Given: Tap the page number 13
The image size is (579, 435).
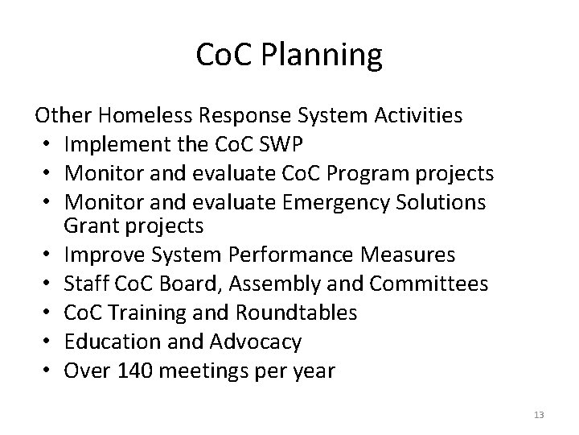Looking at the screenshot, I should pyautogui.click(x=539, y=415).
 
